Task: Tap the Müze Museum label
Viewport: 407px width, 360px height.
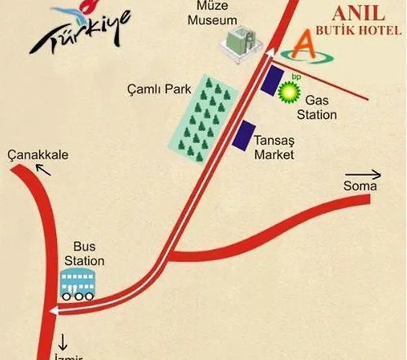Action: click(212, 14)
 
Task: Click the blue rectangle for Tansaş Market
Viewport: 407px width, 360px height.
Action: click(243, 135)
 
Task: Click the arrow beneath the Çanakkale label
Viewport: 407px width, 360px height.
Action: click(45, 169)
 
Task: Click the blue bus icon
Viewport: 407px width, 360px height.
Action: click(77, 284)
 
